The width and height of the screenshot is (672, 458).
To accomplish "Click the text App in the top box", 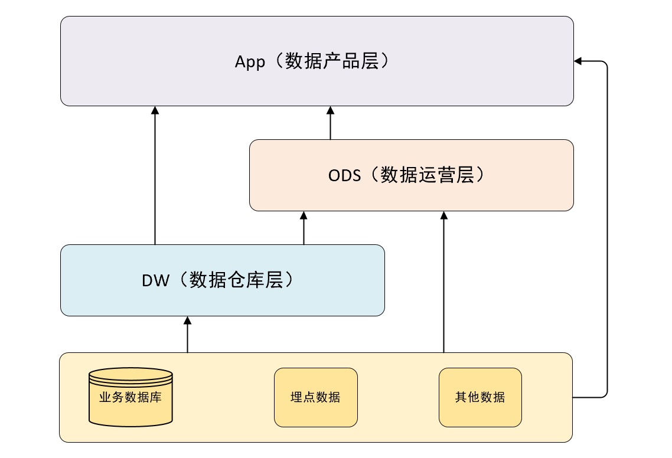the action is point(250,62).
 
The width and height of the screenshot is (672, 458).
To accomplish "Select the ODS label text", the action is point(345,175).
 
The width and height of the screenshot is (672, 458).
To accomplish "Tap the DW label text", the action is point(155,280).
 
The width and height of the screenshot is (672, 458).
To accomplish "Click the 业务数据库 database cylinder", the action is point(131,397).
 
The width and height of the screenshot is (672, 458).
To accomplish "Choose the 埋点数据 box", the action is point(316,398).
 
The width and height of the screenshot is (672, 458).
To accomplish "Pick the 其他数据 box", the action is point(481,398).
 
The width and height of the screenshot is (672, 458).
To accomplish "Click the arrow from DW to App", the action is point(155,175).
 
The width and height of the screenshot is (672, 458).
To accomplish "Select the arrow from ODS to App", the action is point(331,123).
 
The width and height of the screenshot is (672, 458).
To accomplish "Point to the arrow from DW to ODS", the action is point(304,228).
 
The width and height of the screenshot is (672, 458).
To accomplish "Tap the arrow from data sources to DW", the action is point(187,335).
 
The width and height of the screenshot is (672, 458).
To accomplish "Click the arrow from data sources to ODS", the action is point(444,282).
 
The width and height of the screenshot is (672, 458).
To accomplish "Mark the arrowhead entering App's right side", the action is point(578,61).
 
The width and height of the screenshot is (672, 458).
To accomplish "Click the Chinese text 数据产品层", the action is point(332,61).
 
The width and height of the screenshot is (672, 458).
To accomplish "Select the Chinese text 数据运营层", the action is point(428,175).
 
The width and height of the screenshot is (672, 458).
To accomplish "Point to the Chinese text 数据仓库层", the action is point(236,280).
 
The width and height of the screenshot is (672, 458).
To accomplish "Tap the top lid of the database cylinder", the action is point(131,374).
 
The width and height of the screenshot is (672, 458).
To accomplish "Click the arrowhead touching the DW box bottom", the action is point(187,320).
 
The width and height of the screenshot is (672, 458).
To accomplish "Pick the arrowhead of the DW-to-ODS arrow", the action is point(304,215).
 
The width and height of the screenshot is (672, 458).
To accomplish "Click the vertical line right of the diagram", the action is point(607,229).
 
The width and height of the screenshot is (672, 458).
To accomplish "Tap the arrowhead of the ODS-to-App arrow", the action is point(331,110).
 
